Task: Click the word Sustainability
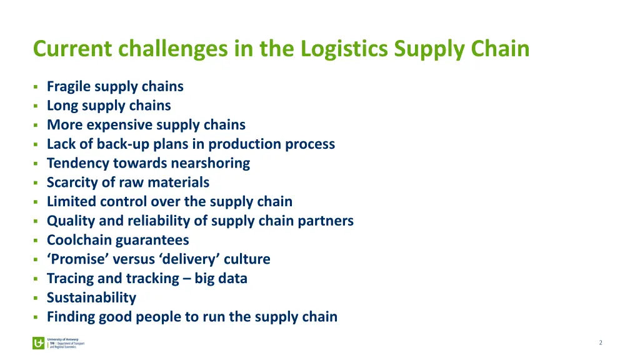click(x=91, y=298)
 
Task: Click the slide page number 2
click(x=601, y=342)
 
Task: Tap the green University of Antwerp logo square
click(x=39, y=343)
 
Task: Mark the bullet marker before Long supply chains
click(x=36, y=106)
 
